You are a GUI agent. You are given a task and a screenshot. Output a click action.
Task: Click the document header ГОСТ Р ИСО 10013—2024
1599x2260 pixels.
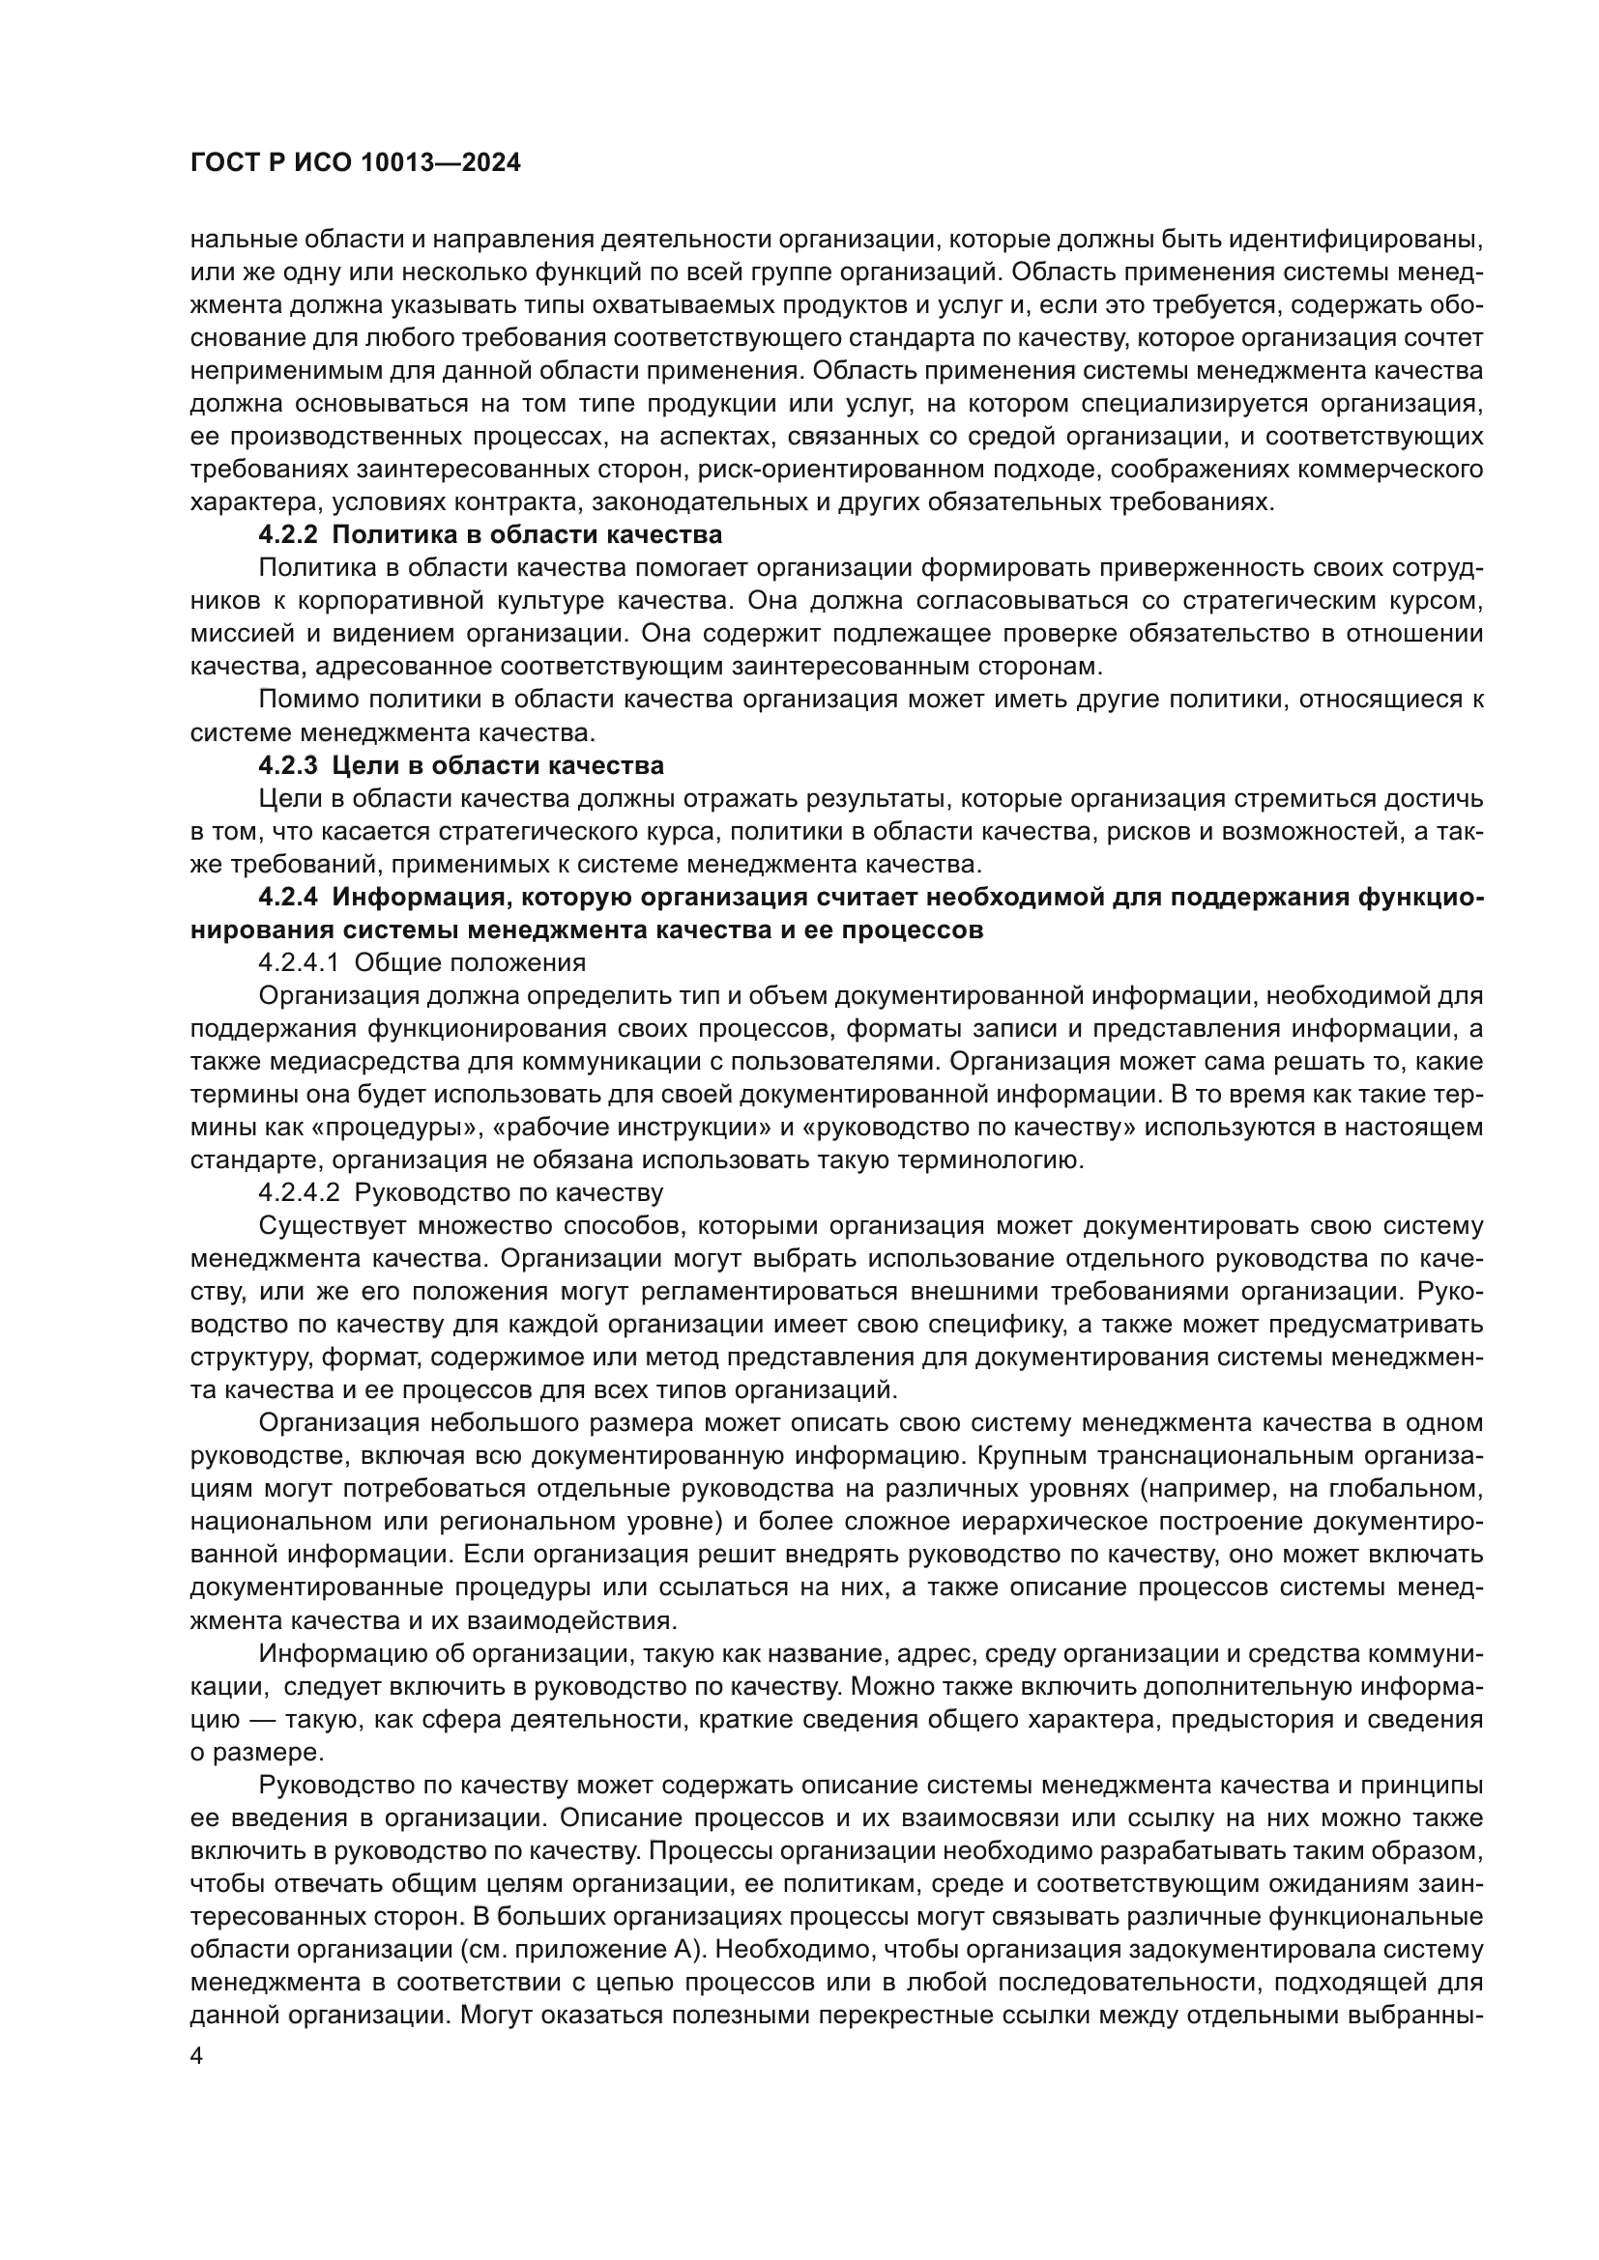355,163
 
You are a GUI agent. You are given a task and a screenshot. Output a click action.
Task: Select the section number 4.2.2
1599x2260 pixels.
288,535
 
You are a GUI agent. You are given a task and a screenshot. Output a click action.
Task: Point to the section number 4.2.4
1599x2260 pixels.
288,898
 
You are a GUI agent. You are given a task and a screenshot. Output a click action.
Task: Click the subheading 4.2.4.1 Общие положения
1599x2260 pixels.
422,962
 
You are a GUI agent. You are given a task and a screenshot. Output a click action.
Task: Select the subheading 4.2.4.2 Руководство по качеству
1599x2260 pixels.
460,1193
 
